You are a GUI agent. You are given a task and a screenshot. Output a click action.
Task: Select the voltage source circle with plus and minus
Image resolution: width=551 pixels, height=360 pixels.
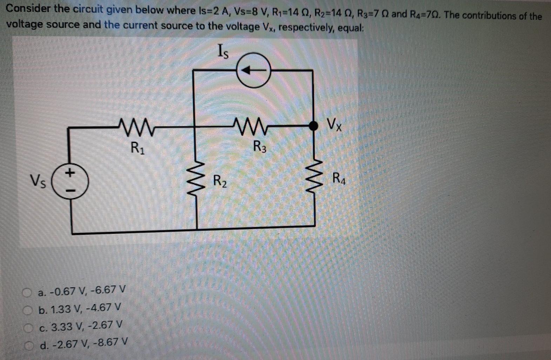pos(70,182)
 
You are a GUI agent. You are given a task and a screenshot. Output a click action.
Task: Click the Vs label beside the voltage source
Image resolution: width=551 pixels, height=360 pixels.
pos(38,182)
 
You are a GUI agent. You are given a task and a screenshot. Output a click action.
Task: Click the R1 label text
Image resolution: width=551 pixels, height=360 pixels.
pos(137,147)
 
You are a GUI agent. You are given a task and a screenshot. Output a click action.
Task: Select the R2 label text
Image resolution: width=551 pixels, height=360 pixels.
pos(220,181)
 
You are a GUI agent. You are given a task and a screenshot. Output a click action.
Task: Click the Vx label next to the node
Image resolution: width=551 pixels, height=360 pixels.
pos(334,124)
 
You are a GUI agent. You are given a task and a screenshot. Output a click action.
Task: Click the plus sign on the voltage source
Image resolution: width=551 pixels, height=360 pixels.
pos(70,172)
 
